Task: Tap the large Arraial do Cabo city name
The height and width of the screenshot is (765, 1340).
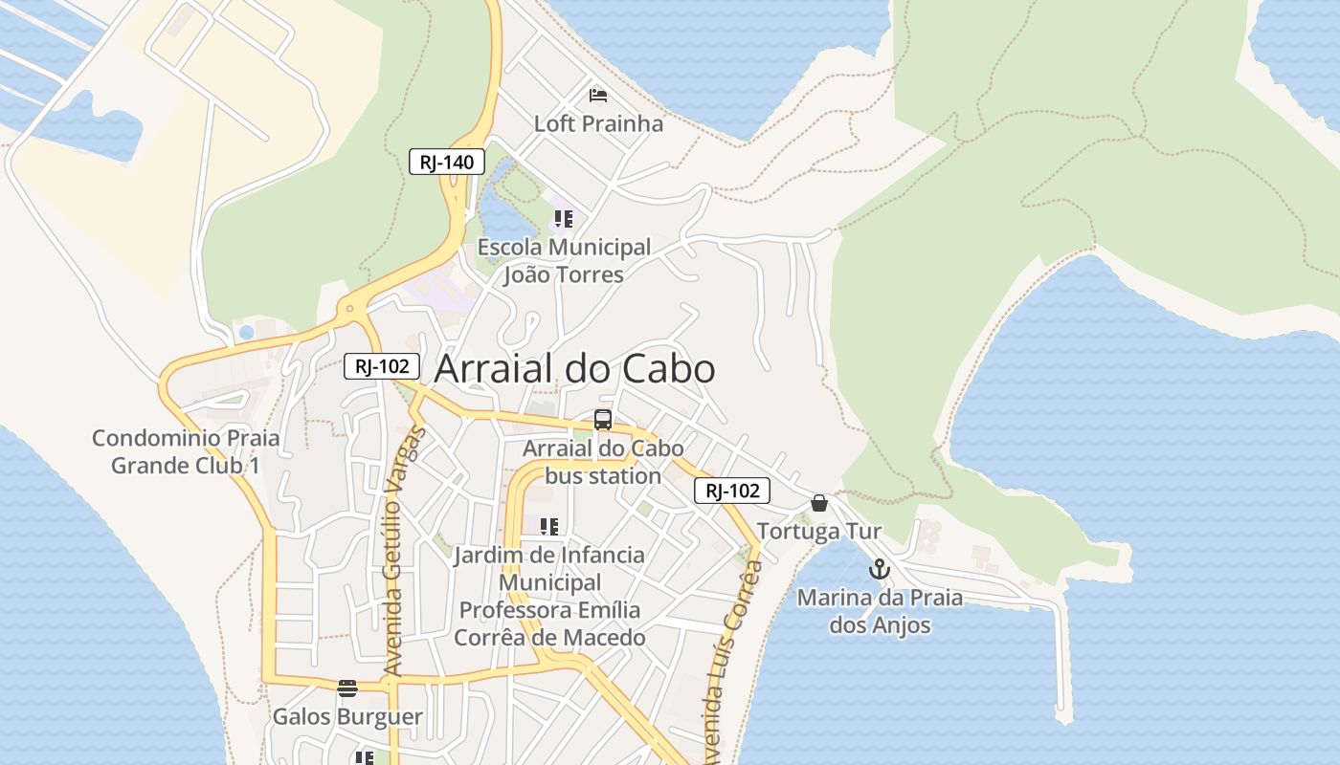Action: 574,369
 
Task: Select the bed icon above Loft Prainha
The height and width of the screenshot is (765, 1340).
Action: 598,95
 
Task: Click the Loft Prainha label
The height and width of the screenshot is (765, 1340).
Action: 598,123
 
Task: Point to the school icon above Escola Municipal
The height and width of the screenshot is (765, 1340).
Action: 563,219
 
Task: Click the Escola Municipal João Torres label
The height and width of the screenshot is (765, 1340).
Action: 564,261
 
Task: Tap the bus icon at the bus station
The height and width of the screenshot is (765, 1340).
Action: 603,419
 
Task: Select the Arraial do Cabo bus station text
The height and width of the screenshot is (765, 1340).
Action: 603,462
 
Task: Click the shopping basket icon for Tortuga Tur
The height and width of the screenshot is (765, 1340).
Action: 819,503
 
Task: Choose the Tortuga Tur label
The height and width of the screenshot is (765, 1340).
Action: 819,531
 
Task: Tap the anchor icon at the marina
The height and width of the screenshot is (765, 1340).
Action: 879,570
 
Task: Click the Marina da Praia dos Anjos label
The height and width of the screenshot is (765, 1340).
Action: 880,611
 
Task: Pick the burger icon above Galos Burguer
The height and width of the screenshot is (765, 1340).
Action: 347,688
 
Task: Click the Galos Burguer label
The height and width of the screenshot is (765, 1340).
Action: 347,716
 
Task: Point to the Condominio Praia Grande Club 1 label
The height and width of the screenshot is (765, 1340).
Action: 186,451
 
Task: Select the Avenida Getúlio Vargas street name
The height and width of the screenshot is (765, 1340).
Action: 403,553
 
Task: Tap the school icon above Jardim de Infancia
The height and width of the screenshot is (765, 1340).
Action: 549,526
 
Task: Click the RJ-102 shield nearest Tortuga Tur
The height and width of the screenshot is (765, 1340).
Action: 732,492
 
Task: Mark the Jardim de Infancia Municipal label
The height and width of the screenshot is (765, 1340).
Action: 549,596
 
